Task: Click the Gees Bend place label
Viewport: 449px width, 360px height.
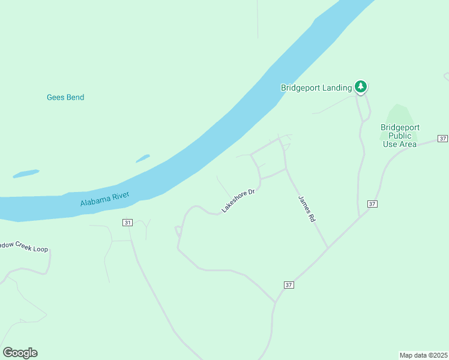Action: pyautogui.click(x=65, y=97)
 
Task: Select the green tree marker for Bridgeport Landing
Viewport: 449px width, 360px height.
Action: pyautogui.click(x=360, y=87)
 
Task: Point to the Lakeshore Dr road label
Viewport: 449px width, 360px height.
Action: pyautogui.click(x=238, y=200)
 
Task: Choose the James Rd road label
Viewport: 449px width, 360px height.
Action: pyautogui.click(x=307, y=209)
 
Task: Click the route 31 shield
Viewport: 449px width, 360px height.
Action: pyautogui.click(x=127, y=223)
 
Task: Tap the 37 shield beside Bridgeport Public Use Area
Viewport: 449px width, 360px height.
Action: pyautogui.click(x=442, y=139)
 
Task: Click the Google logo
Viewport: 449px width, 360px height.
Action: pyautogui.click(x=20, y=353)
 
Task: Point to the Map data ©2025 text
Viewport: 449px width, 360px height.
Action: pyautogui.click(x=423, y=355)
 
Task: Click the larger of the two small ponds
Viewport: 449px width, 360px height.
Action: pyautogui.click(x=26, y=173)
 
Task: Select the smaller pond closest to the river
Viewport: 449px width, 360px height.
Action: pyautogui.click(x=142, y=158)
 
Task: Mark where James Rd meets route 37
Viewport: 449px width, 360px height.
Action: pyautogui.click(x=328, y=248)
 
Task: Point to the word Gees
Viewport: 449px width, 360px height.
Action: pyautogui.click(x=55, y=97)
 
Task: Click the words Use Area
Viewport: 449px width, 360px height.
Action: pyautogui.click(x=400, y=144)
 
